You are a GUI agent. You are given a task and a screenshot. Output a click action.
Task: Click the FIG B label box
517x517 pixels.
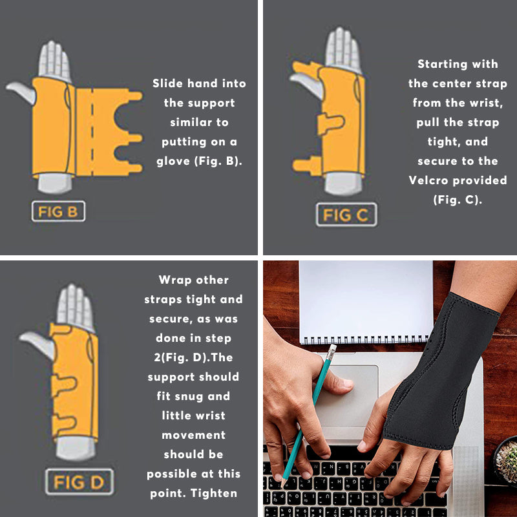click(x=58, y=211)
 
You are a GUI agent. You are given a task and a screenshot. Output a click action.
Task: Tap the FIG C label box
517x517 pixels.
click(x=346, y=215)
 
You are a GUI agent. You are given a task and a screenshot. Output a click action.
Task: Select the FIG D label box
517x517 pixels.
click(x=79, y=481)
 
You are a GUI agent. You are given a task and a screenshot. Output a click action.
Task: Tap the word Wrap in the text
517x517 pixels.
click(x=175, y=280)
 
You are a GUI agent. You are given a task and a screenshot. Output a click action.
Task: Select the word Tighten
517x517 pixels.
click(x=214, y=493)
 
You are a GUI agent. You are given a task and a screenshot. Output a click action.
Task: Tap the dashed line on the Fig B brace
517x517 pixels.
click(x=92, y=132)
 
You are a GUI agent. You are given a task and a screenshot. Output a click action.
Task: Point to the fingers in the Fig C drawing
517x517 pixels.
click(x=343, y=48)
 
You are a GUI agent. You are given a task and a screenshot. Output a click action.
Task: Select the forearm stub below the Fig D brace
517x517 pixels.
click(x=76, y=448)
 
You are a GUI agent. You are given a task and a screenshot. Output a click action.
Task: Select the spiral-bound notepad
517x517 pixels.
click(x=366, y=302)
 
